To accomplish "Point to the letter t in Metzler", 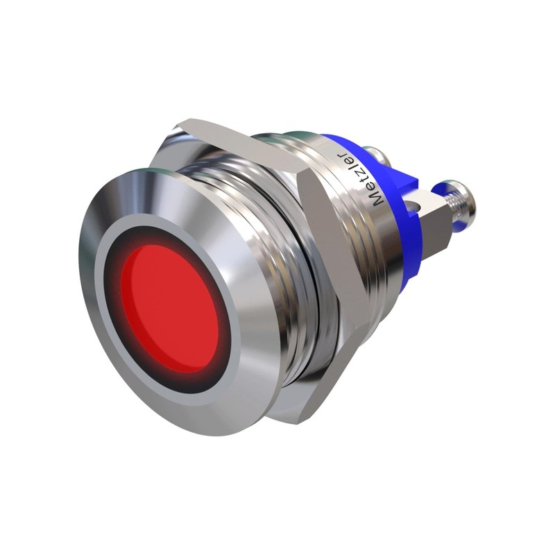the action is (360, 182).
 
